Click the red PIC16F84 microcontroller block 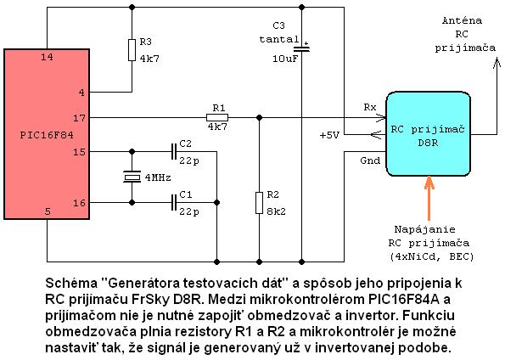[x=47, y=134]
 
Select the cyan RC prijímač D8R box [x=429, y=134]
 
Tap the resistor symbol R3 [x=132, y=50]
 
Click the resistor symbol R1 [x=217, y=118]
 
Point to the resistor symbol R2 [x=259, y=203]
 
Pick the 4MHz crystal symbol [x=132, y=177]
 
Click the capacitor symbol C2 [x=174, y=151]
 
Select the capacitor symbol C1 [x=174, y=202]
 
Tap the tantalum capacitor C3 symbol [x=302, y=48]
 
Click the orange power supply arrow [x=429, y=198]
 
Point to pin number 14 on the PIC [x=47, y=58]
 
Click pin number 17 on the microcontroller [x=79, y=118]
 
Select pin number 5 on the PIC [x=48, y=211]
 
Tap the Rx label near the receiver [x=370, y=107]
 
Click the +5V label [x=329, y=135]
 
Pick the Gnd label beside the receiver [x=370, y=160]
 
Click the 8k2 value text [x=276, y=211]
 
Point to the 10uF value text [x=285, y=59]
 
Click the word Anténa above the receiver [x=462, y=20]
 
